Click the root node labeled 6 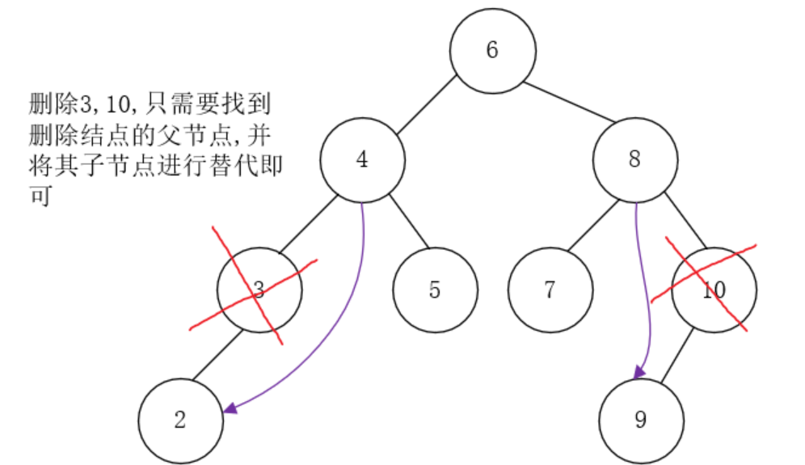click(x=492, y=50)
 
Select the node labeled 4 click(x=362, y=160)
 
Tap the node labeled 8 click(x=634, y=160)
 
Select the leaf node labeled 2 click(x=179, y=421)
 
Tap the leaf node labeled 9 click(x=641, y=421)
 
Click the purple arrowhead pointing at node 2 click(x=231, y=408)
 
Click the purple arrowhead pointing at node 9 click(x=639, y=371)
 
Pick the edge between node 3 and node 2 click(x=216, y=356)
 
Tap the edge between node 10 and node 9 click(x=679, y=356)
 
